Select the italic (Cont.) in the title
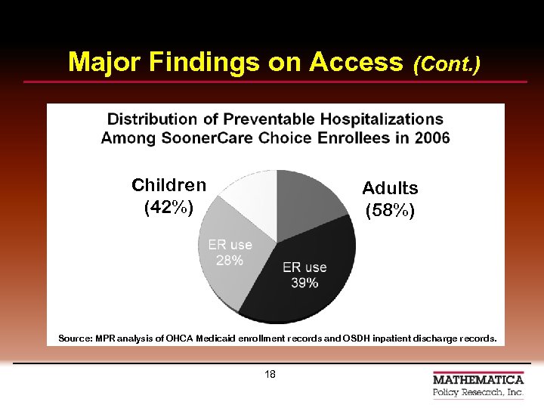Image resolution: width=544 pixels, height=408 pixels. click(447, 63)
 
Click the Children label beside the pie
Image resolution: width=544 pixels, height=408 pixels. click(168, 185)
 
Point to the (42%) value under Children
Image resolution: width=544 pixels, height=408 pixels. click(168, 206)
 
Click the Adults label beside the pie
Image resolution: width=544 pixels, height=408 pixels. click(390, 188)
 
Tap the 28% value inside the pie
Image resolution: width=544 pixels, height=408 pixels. click(230, 261)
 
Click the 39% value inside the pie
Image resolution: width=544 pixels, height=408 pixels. click(304, 283)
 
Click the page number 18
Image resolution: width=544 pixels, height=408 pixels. click(270, 375)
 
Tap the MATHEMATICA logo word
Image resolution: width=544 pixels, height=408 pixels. click(478, 379)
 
